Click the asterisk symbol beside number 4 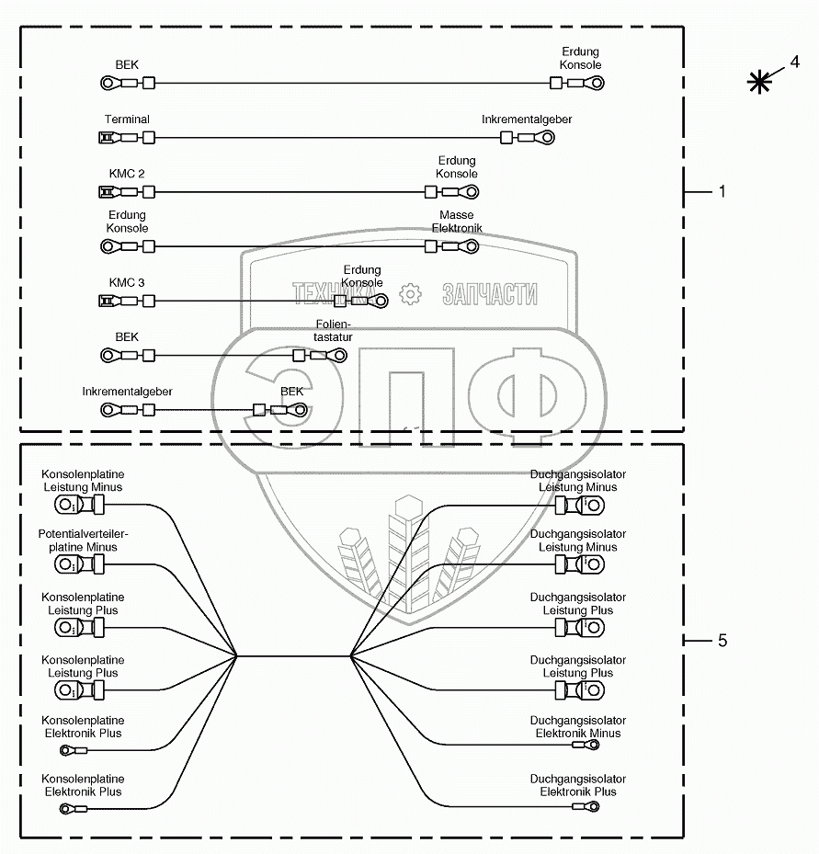point(758,82)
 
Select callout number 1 point(722,191)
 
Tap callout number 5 point(722,641)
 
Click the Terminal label point(127,120)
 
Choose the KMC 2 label point(127,173)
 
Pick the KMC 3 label point(127,282)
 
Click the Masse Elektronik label point(456,222)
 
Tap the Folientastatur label point(334,331)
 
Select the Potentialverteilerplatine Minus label point(83,541)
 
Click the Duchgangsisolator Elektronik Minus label point(578,727)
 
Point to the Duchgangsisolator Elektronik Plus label point(578,785)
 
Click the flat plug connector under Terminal point(107,138)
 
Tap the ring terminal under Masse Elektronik point(470,246)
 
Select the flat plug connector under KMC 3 point(107,301)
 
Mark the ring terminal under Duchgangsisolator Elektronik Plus point(589,807)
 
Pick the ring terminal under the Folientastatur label point(337,355)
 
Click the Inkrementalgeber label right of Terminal point(527,120)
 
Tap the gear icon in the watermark point(410,293)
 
